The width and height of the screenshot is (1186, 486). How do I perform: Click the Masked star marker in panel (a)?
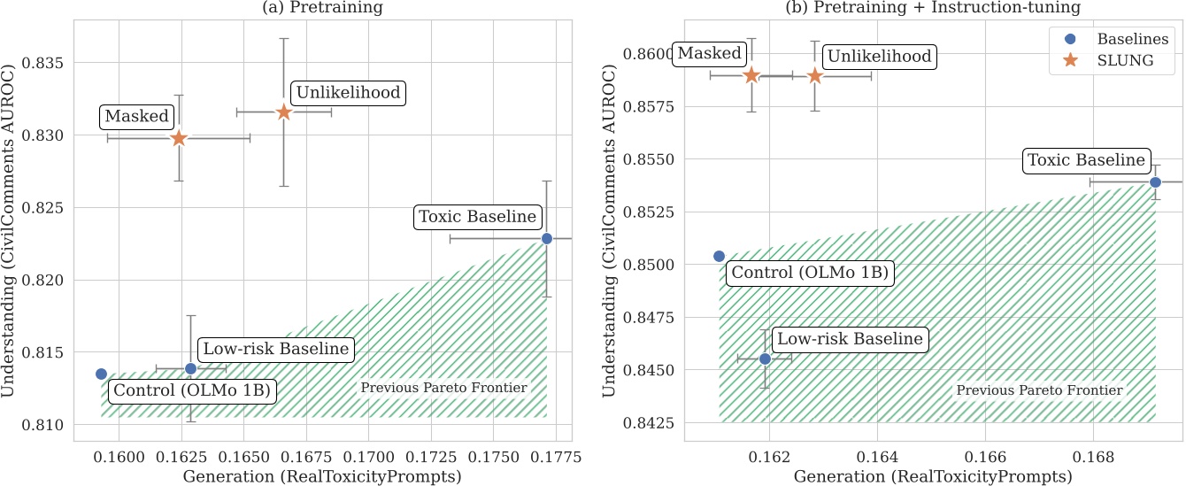pyautogui.click(x=179, y=138)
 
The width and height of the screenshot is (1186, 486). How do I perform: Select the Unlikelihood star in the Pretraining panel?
pyautogui.click(x=284, y=112)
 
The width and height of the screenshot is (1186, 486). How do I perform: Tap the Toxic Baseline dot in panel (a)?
pyautogui.click(x=547, y=238)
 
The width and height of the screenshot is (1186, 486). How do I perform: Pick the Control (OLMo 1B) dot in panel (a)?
pyautogui.click(x=101, y=374)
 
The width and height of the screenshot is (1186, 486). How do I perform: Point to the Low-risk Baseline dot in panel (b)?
pyautogui.click(x=765, y=359)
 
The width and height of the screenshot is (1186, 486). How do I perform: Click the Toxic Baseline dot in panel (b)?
pyautogui.click(x=1155, y=181)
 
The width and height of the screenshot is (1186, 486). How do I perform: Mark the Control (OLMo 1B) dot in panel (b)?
pyautogui.click(x=719, y=256)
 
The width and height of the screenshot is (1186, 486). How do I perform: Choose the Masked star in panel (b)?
pyautogui.click(x=751, y=75)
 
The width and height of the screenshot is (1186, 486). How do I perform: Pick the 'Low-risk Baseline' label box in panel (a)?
pyautogui.click(x=273, y=349)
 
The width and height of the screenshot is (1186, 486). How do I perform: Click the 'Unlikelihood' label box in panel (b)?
pyautogui.click(x=878, y=57)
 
